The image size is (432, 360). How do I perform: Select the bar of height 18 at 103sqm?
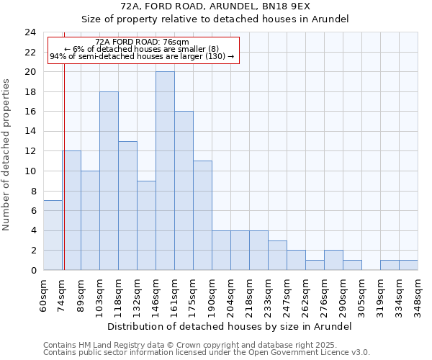[x=109, y=181]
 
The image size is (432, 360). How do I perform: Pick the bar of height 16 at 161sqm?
[x=184, y=191]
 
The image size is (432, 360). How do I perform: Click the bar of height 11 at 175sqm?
[x=202, y=215]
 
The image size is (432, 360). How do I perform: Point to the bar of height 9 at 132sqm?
[x=146, y=225]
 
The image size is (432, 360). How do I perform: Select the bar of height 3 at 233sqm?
[x=277, y=256]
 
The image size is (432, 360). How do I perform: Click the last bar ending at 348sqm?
[x=408, y=265]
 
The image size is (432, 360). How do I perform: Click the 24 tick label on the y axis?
[x=30, y=32]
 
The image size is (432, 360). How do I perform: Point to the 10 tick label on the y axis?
[x=30, y=171]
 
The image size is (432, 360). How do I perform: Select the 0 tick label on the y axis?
[x=32, y=270]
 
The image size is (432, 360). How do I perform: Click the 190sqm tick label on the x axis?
[x=212, y=293]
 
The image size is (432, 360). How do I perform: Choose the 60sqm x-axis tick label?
[x=43, y=293]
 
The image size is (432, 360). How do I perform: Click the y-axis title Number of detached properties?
[x=7, y=155]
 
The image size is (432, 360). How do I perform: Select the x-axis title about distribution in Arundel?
[x=230, y=326]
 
